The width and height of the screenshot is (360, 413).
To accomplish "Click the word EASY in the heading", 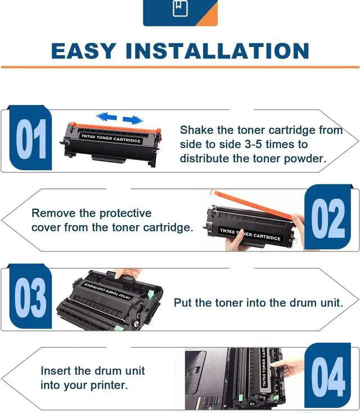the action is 84,51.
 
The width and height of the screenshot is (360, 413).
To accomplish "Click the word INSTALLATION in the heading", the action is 218,51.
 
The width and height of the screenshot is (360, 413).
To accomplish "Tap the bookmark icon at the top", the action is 180,8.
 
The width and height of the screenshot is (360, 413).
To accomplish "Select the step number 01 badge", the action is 30,138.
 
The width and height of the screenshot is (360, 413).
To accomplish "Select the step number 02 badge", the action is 328,217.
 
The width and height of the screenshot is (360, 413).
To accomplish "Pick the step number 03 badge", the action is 30,297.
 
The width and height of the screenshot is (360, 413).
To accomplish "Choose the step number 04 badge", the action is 328,376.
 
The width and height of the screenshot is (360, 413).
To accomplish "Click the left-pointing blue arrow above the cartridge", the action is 106,116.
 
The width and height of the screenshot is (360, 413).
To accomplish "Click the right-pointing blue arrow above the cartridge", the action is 133,120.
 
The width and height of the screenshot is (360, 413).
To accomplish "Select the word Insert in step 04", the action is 56,371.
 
